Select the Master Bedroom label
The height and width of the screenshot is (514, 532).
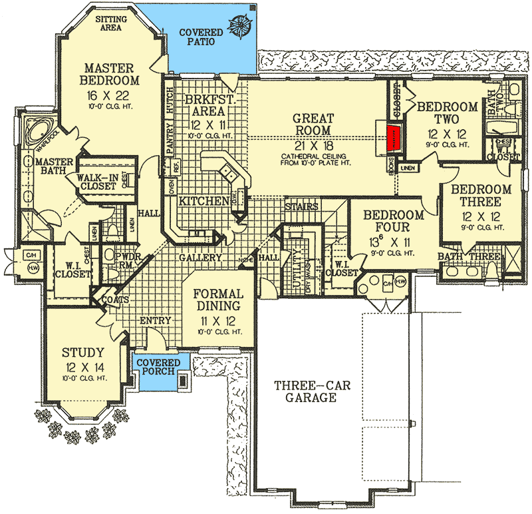pyautogui.click(x=110, y=74)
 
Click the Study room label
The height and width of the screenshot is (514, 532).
pyautogui.click(x=82, y=352)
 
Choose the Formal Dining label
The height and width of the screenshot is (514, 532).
pyautogui.click(x=217, y=300)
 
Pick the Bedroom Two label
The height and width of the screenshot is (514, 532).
pyautogui.click(x=447, y=113)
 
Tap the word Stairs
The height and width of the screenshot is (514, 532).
pyautogui.click(x=301, y=206)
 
